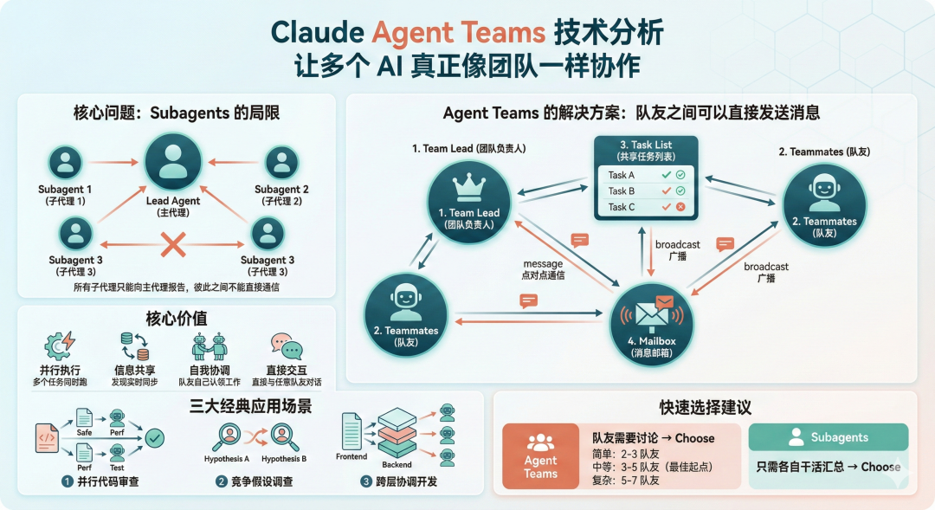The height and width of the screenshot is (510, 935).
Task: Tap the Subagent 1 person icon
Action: pyautogui.click(x=65, y=162)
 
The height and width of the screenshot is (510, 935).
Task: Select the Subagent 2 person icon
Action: pyautogui.click(x=281, y=162)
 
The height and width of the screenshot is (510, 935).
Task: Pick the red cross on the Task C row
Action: pyautogui.click(x=680, y=207)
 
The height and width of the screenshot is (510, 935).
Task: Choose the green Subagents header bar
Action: pyautogui.click(x=828, y=437)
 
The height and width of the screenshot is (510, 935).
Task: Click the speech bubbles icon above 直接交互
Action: pyautogui.click(x=286, y=347)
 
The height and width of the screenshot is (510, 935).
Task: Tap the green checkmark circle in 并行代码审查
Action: pyautogui.click(x=155, y=438)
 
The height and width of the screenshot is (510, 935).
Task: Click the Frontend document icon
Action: pyautogui.click(x=351, y=429)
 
